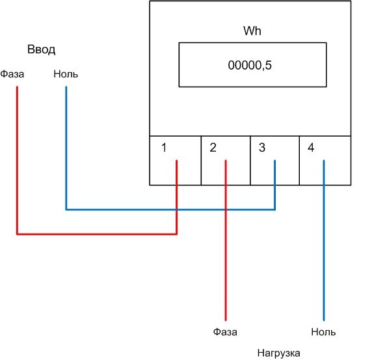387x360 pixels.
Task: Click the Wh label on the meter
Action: tap(252, 31)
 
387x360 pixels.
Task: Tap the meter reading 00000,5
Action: tap(250, 65)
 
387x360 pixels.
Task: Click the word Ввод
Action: tap(41, 49)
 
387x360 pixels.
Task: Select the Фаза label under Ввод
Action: tap(12, 74)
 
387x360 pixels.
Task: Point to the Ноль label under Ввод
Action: tap(66, 74)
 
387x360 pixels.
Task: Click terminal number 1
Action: tap(164, 148)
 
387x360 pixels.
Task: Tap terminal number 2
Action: tap(213, 148)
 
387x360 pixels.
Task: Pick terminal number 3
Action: tap(262, 148)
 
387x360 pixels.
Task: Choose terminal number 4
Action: tap(311, 148)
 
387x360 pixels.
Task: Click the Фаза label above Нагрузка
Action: tap(225, 332)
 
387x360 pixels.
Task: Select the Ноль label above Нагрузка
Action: tap(323, 332)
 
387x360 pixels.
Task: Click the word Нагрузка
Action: tap(278, 353)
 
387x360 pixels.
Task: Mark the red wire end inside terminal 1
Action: tap(176, 161)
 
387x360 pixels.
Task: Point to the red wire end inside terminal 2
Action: tap(226, 161)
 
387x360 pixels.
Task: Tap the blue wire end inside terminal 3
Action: tap(274, 161)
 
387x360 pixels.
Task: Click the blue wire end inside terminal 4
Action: tap(324, 161)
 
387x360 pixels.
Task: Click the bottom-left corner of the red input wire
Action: tap(17, 234)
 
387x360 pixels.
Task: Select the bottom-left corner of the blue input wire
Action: tap(66, 210)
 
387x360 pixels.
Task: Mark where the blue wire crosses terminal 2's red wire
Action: tap(226, 210)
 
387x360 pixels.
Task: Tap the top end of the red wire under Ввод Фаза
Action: tap(17, 87)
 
